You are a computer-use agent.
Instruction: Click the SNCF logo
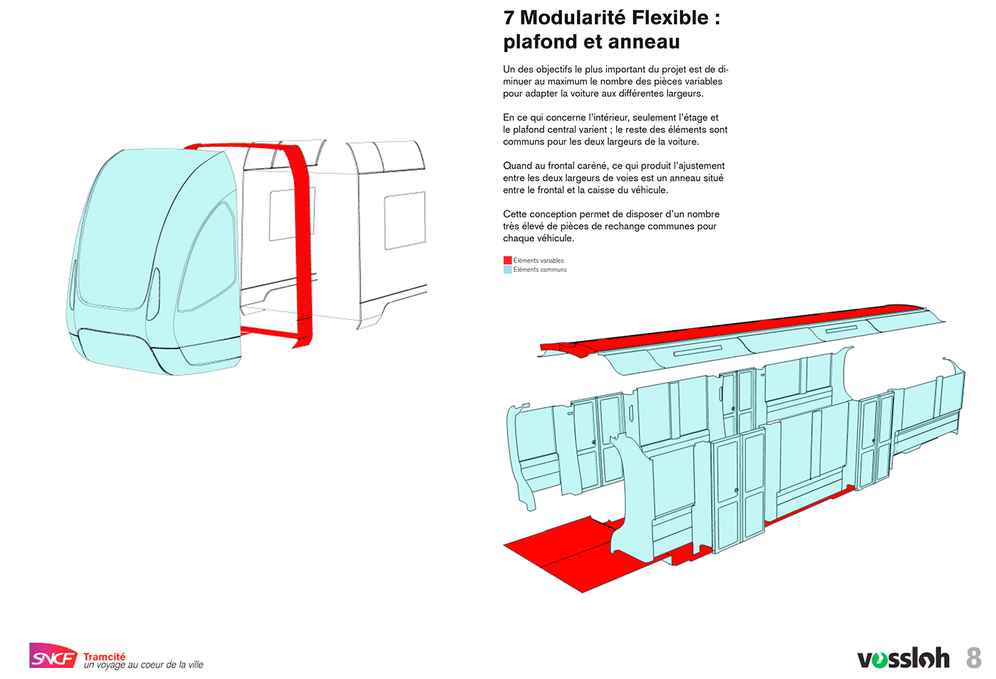(x=52, y=656)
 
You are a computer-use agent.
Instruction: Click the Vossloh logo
(x=903, y=658)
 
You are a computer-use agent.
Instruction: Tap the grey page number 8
(x=974, y=658)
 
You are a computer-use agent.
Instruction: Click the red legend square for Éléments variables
(x=507, y=260)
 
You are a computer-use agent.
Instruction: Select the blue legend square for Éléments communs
(x=507, y=270)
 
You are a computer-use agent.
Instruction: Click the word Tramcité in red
(x=104, y=656)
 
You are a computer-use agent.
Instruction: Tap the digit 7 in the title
(x=509, y=18)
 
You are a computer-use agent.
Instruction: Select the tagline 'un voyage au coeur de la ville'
(x=144, y=665)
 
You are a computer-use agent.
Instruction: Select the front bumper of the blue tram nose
(x=121, y=352)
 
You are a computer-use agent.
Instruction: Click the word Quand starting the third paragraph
(x=517, y=166)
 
